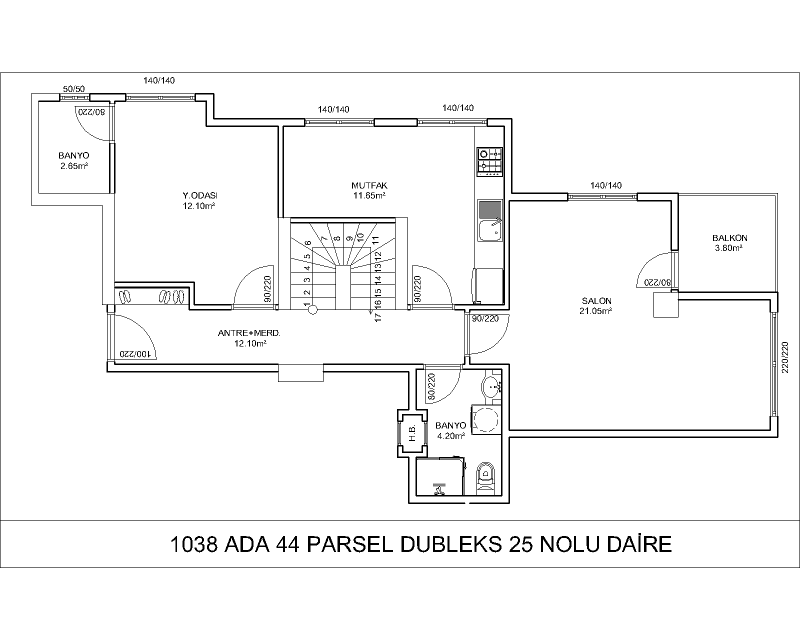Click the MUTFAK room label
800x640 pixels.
pos(369,185)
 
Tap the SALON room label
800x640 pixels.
pos(596,301)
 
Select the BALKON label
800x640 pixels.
pos(729,238)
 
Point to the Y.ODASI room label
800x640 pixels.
pos(200,195)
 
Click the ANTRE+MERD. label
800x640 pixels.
pos(249,333)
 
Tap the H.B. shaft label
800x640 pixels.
pos(412,433)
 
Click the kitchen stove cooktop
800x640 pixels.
pos(489,162)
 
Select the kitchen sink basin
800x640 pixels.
pos(490,230)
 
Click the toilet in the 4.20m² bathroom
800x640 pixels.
pos(485,478)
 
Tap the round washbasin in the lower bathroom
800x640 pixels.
pos(491,387)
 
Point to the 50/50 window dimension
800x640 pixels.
pos(73,89)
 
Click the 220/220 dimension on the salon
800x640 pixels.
pos(785,357)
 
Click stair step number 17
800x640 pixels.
pos(378,317)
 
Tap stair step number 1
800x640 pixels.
pos(306,304)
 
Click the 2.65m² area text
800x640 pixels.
pos(74,166)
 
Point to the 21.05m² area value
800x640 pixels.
pos(595,311)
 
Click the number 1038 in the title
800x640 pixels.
pos(193,544)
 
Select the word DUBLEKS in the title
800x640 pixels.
pos(451,544)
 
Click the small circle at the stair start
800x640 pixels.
pos(313,310)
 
